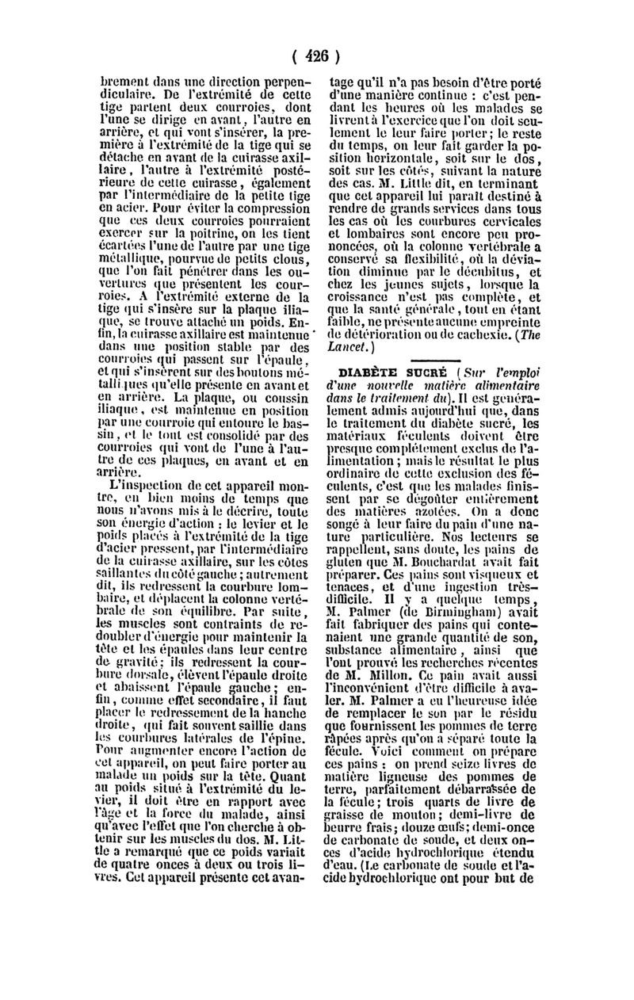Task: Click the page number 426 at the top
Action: [315, 57]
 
